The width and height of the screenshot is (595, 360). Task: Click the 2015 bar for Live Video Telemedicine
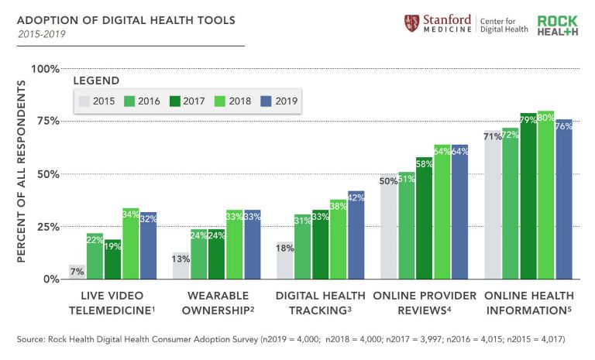[x=77, y=272]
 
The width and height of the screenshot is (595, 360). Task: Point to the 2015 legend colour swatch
[x=84, y=101]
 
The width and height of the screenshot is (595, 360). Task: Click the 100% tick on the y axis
[x=45, y=69]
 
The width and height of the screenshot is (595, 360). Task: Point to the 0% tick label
[x=50, y=279]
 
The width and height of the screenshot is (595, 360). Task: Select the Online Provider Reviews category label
[x=424, y=303]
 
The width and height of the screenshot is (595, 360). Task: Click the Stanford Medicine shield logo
[x=411, y=23]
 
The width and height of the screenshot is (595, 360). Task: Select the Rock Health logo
[x=558, y=24]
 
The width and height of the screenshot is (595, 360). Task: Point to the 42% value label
[x=356, y=197]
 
